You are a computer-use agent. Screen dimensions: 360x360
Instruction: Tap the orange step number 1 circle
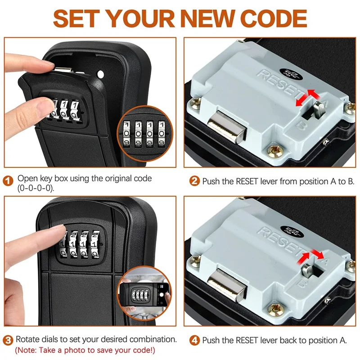(x=9, y=182)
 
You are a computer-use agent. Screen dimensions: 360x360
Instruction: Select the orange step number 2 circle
(x=195, y=182)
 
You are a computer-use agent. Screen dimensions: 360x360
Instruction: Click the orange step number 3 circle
(x=9, y=340)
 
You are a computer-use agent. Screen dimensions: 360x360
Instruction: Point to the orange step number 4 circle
(x=195, y=340)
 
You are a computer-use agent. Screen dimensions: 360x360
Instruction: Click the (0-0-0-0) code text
(x=36, y=189)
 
